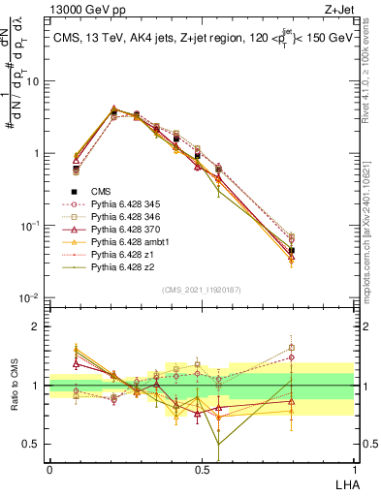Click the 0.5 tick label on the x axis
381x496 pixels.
(202, 468)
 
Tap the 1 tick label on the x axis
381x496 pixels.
(354, 468)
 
